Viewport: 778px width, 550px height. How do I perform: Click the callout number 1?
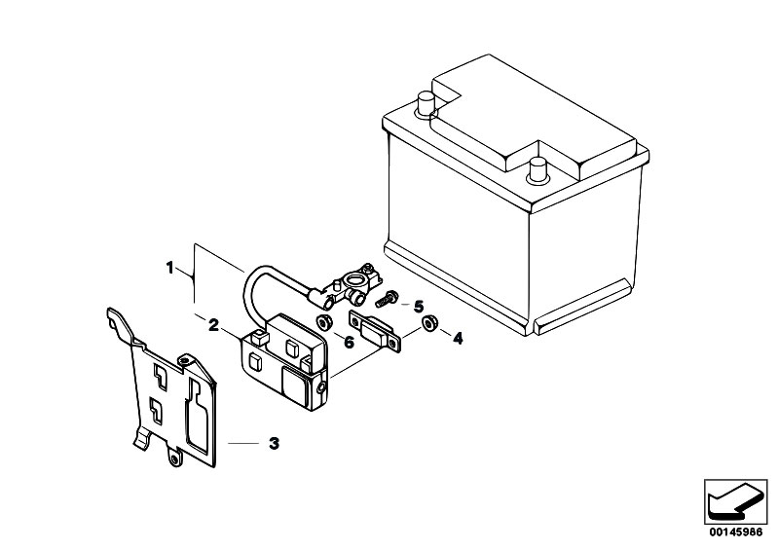tap(169, 269)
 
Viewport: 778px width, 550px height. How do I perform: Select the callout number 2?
tap(213, 325)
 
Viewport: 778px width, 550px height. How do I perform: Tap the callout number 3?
tap(274, 443)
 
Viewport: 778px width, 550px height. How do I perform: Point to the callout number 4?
tap(458, 339)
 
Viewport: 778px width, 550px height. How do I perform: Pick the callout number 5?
tap(419, 307)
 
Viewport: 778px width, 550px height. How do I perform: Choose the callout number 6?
tap(350, 342)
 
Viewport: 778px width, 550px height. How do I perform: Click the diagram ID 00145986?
tap(735, 532)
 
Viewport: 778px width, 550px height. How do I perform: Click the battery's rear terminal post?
tap(426, 103)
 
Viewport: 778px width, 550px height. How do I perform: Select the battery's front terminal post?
tap(537, 169)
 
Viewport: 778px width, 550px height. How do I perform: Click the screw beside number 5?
tap(387, 299)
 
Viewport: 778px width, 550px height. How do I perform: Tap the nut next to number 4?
tap(429, 323)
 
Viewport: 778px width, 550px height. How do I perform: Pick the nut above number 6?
tap(324, 322)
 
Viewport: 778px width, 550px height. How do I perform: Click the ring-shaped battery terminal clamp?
tap(354, 281)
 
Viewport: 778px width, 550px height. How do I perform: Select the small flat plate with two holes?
tap(375, 330)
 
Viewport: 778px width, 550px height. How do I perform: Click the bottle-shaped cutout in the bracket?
tap(197, 416)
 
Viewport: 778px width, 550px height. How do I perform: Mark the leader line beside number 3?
tap(243, 443)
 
